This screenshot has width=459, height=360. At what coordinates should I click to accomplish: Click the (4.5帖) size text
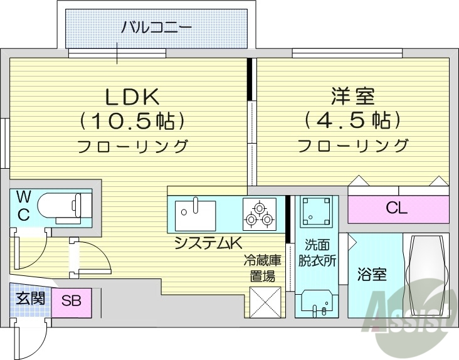click(352, 119)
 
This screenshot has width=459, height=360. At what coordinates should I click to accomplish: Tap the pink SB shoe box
click(71, 300)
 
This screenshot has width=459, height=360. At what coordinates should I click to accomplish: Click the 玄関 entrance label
click(29, 298)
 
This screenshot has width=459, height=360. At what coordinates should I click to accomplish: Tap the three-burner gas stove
click(258, 214)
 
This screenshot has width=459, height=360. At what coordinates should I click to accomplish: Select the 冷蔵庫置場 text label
click(263, 268)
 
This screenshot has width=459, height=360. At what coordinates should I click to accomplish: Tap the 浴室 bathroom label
click(372, 274)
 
